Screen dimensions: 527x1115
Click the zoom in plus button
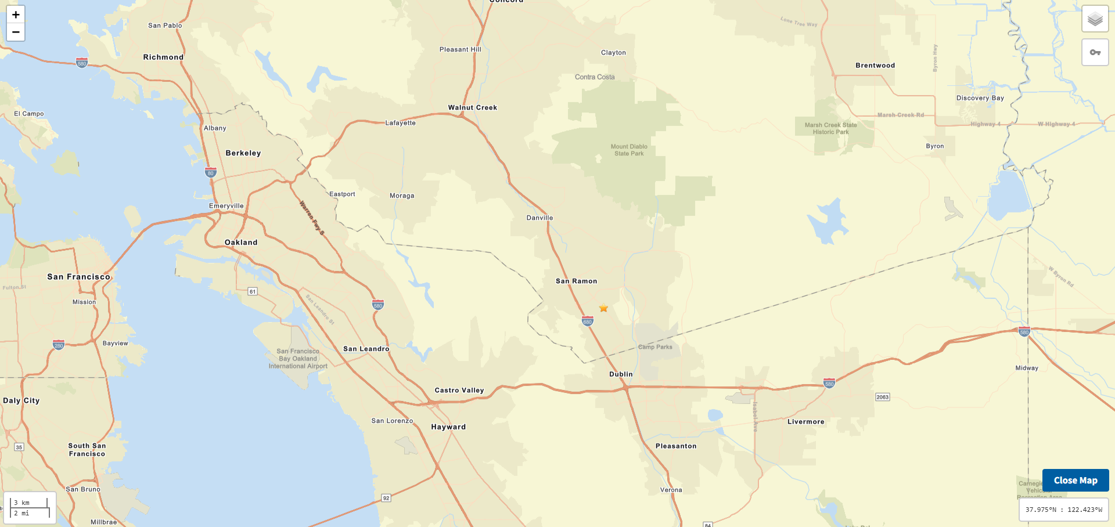click(x=16, y=15)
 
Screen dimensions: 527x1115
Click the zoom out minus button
click(x=16, y=33)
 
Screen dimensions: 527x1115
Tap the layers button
click(x=1095, y=19)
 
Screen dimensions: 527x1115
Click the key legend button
click(x=1095, y=52)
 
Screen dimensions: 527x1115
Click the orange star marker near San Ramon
click(x=603, y=308)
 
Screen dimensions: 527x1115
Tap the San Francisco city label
click(x=78, y=277)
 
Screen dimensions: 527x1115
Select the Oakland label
click(x=241, y=243)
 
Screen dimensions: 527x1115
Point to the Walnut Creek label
click(x=472, y=107)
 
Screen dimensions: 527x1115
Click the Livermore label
click(x=805, y=422)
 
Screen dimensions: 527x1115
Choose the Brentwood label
click(x=875, y=66)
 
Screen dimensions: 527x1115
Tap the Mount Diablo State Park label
click(x=629, y=150)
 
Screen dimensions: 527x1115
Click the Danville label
click(x=539, y=218)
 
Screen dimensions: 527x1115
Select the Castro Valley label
click(x=459, y=391)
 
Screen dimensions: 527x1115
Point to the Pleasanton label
click(x=675, y=446)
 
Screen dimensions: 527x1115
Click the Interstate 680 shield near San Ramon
click(x=587, y=321)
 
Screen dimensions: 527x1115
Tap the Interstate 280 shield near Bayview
click(x=59, y=345)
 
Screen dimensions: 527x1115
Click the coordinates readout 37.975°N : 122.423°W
click(x=1063, y=510)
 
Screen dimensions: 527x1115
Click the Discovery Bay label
click(x=980, y=98)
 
